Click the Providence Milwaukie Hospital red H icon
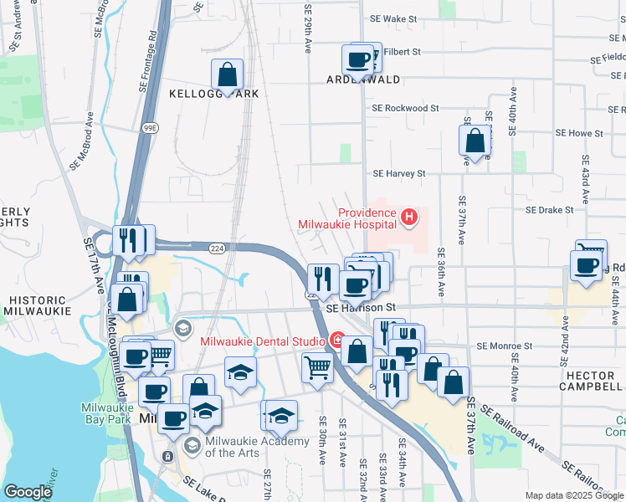pos(409,218)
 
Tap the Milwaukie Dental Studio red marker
pos(337,341)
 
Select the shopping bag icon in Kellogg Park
pos(227,74)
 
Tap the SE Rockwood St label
pos(406,108)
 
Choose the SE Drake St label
pos(549,210)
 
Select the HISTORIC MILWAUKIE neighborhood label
pos(33,305)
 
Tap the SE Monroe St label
pos(505,346)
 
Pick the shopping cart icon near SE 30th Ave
pos(317,367)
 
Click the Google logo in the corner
pos(28,492)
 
